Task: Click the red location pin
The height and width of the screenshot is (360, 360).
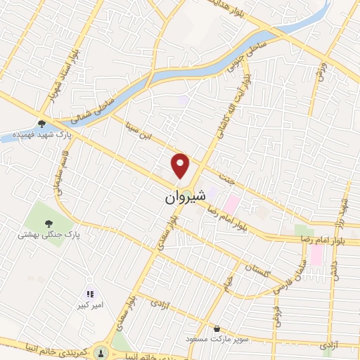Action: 181,165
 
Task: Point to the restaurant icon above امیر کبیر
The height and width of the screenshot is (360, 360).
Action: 89,294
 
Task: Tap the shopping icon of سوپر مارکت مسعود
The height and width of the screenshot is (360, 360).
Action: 217,328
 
